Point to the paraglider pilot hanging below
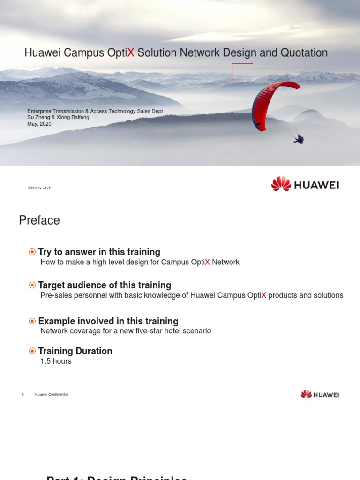tap(299, 139)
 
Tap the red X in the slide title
tap(131, 53)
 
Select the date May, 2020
tap(39, 124)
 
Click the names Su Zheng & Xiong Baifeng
tap(58, 117)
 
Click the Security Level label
tap(40, 187)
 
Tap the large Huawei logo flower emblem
tap(281, 184)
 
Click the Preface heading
tap(39, 220)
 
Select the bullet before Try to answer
tap(32, 252)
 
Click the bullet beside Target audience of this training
tap(32, 285)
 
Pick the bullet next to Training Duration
tap(32, 351)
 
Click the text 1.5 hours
tap(56, 361)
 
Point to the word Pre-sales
tap(55, 295)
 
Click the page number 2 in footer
tap(22, 395)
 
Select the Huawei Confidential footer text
tap(52, 395)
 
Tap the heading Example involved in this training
tap(108, 321)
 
